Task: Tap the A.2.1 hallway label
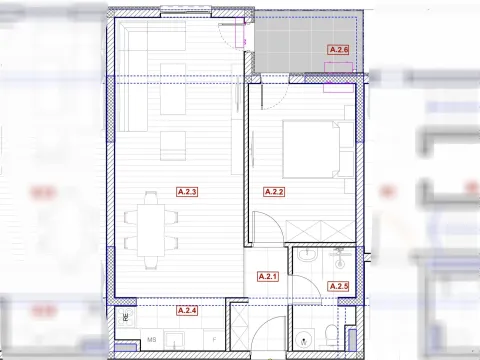[268, 277]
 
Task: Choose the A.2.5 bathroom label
[338, 286]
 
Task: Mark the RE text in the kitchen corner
[124, 318]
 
